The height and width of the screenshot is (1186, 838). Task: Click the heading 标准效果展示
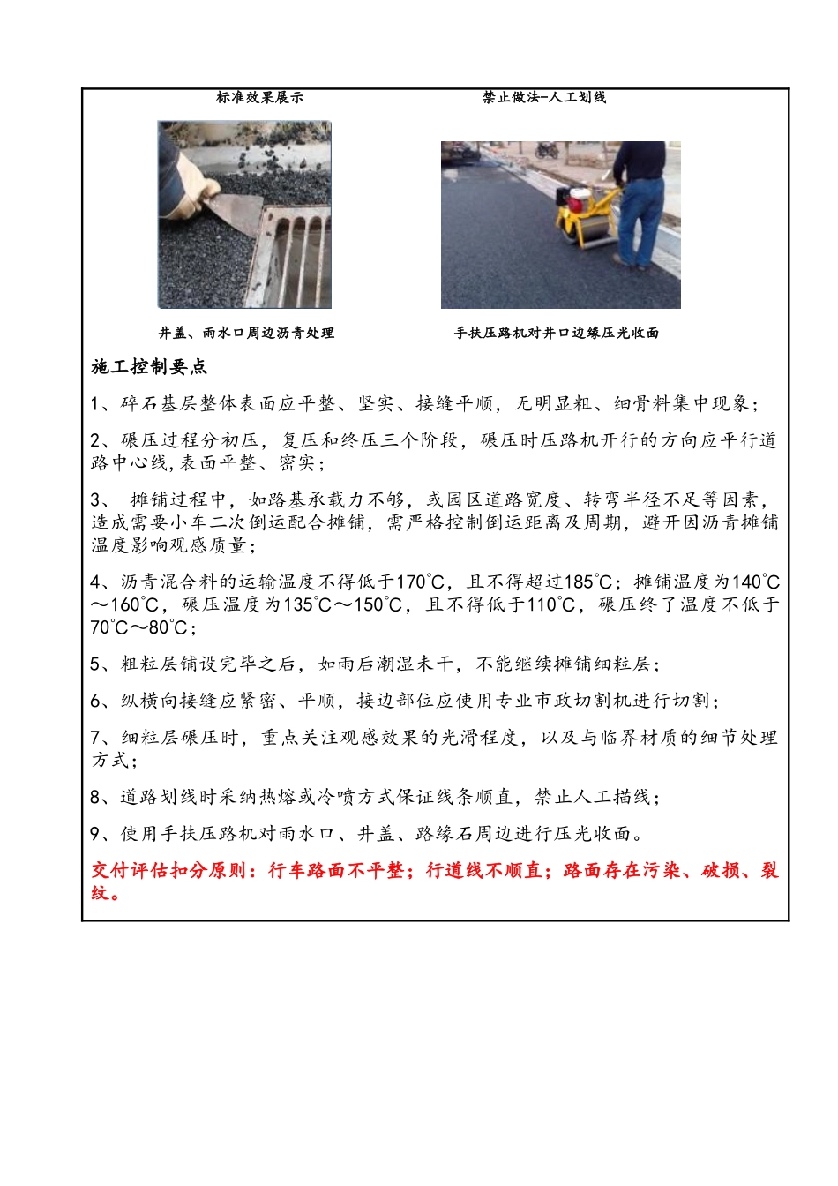click(259, 97)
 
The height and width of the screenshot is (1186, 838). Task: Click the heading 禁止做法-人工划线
click(543, 97)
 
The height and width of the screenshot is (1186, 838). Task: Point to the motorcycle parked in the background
click(547, 150)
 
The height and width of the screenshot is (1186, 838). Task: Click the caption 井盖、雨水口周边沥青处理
click(246, 333)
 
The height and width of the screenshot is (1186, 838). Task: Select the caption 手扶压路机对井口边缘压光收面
click(556, 333)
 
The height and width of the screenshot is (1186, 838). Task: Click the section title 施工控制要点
click(149, 367)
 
